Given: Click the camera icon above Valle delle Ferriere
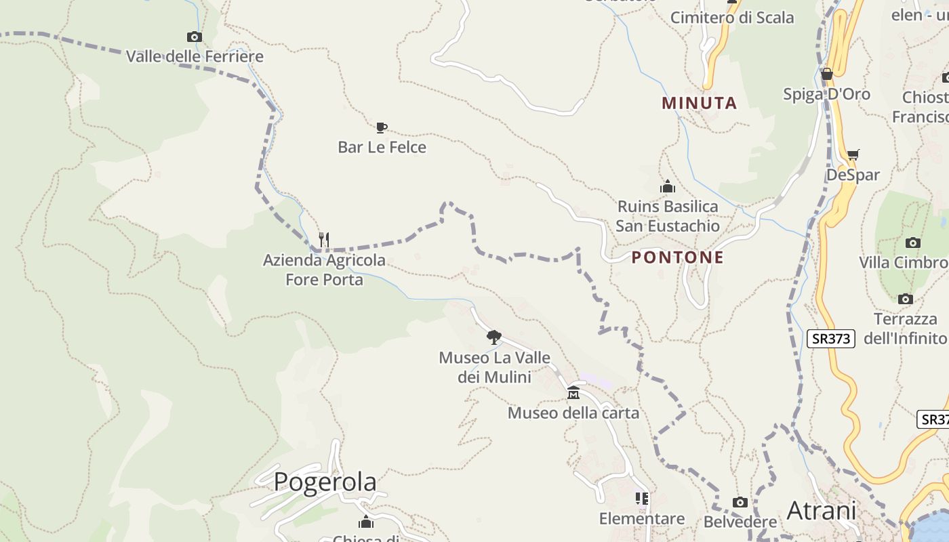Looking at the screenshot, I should click(x=194, y=37).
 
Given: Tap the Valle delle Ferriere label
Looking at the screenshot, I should click(x=195, y=56).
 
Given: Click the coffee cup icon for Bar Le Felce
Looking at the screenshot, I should click(x=381, y=127).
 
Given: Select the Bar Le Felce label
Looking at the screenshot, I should click(x=382, y=147).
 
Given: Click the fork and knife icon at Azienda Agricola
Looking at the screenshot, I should click(x=324, y=240).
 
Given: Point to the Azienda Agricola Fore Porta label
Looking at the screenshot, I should click(x=324, y=270).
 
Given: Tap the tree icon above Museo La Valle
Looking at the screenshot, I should click(x=494, y=337).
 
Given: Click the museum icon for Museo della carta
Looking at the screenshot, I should click(x=573, y=393).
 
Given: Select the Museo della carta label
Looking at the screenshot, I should click(x=573, y=413).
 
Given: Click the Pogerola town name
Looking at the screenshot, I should click(x=325, y=482).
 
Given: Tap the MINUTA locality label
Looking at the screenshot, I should click(x=700, y=103).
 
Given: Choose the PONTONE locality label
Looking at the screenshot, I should click(x=678, y=257).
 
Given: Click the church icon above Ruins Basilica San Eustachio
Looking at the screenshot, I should click(x=668, y=186).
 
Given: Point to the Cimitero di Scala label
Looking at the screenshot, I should click(x=732, y=18).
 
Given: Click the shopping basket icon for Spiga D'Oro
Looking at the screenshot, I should click(x=826, y=74).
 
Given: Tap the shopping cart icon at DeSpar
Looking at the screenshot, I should click(x=853, y=155).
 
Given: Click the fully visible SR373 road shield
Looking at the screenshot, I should click(x=831, y=338).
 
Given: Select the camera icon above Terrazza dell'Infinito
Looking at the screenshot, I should click(x=905, y=299).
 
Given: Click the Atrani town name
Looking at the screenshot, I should click(x=822, y=510).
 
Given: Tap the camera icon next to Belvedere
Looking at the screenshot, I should click(x=740, y=502).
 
